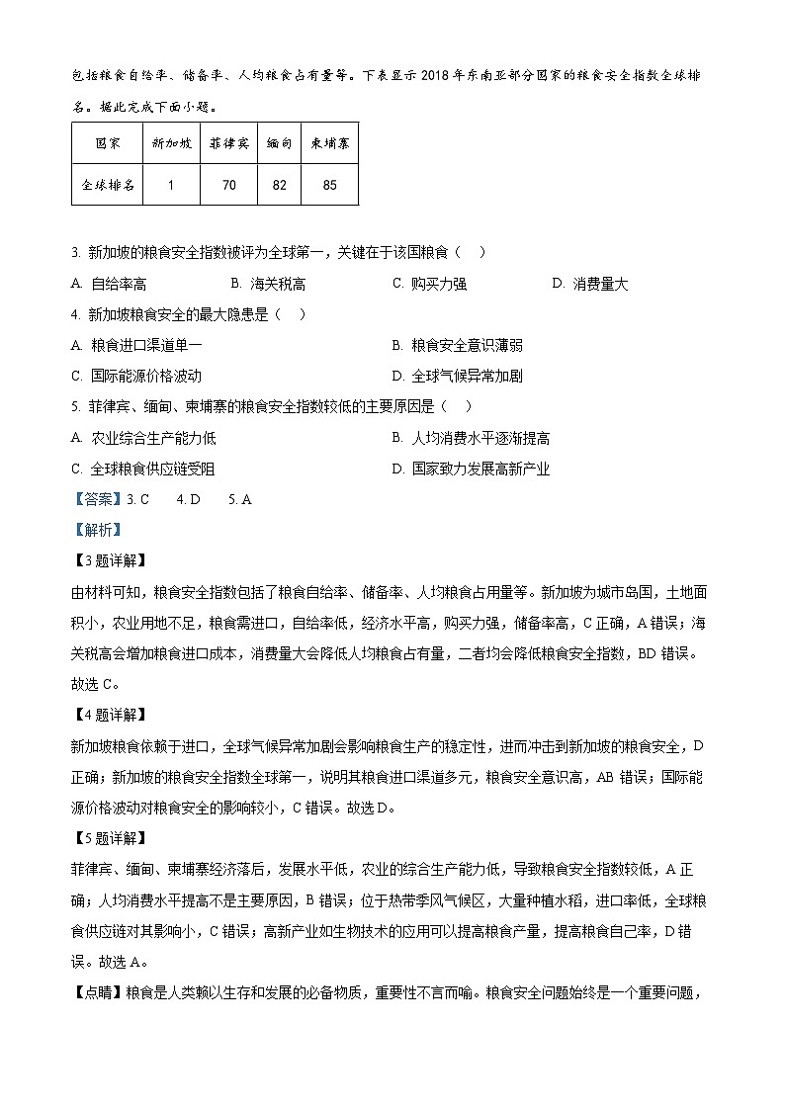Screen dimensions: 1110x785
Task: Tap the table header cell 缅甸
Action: coord(279,143)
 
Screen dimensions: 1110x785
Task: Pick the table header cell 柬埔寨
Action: coord(329,143)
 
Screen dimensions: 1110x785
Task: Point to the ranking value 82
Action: coord(279,184)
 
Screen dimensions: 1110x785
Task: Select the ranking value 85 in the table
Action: coord(329,184)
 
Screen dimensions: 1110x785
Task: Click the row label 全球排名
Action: coord(107,184)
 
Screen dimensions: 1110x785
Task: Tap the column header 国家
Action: coord(107,143)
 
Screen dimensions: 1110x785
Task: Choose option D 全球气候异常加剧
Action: coord(466,376)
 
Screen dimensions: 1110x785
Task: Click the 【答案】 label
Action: coord(97,499)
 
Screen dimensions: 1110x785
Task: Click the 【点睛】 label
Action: coord(97,989)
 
